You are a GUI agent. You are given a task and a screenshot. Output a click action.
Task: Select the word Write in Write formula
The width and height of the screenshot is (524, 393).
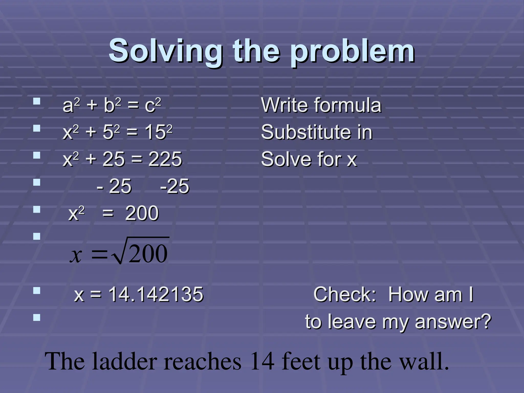point(284,105)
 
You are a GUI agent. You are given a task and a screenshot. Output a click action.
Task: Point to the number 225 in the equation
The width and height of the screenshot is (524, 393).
point(165,159)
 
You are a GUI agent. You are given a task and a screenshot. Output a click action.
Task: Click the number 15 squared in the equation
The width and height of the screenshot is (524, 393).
point(159,132)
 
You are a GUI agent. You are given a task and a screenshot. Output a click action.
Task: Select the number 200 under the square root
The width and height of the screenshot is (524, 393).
point(148,254)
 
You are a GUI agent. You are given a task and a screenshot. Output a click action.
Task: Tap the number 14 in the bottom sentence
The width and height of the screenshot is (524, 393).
point(263,361)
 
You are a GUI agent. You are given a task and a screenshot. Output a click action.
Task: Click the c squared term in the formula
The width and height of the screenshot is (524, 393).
point(153,105)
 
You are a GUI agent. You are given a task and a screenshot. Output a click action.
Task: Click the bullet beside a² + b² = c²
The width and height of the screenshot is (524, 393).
point(37,102)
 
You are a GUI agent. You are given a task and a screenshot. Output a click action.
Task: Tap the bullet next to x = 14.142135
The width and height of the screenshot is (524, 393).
point(37,291)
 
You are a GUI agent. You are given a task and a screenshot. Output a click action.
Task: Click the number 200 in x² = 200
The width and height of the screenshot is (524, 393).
point(142,213)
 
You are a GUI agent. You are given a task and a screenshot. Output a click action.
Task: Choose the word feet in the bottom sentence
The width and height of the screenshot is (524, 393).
point(301,361)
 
